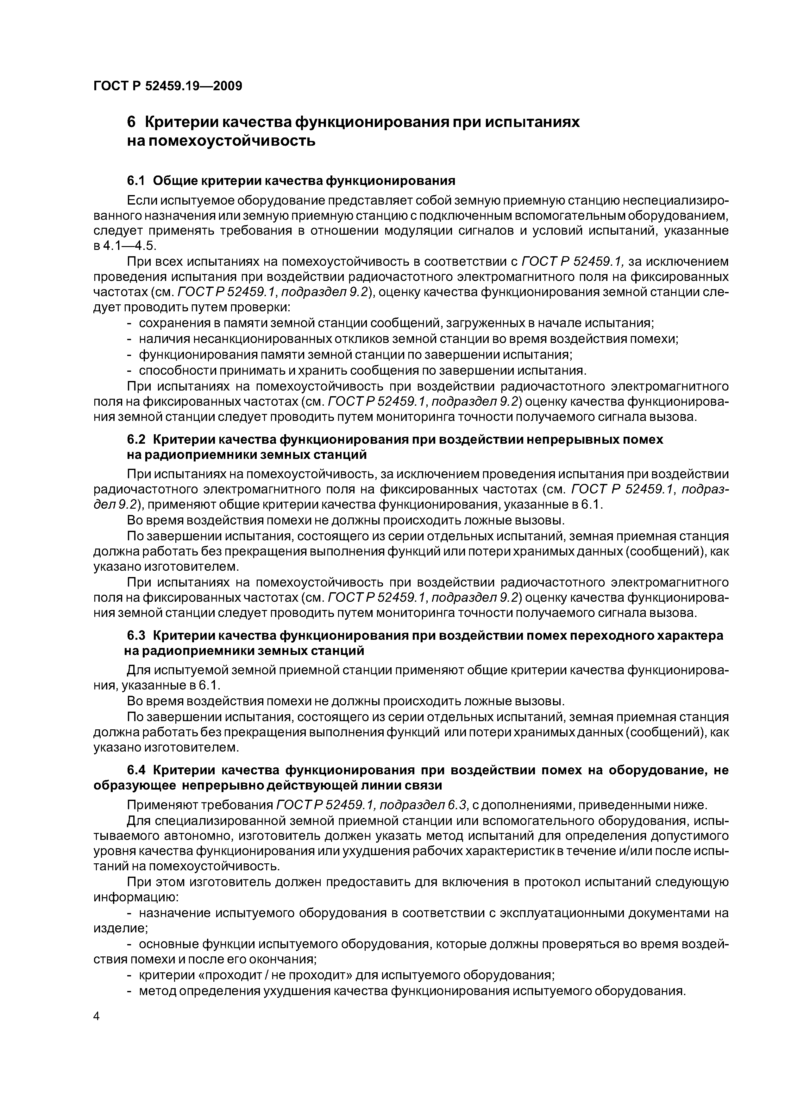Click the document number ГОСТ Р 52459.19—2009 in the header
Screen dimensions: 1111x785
167,86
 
